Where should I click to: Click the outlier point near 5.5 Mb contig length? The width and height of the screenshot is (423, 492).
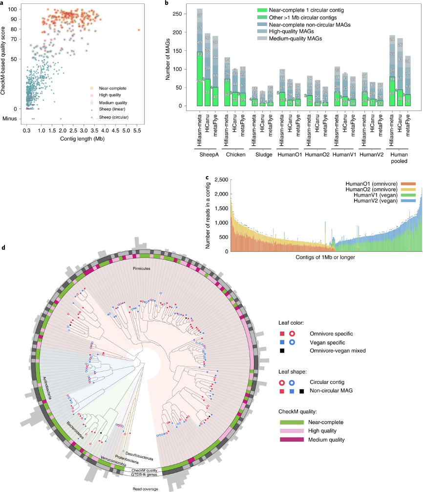[139, 30]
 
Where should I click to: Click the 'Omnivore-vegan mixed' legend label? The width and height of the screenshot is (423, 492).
[338, 350]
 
